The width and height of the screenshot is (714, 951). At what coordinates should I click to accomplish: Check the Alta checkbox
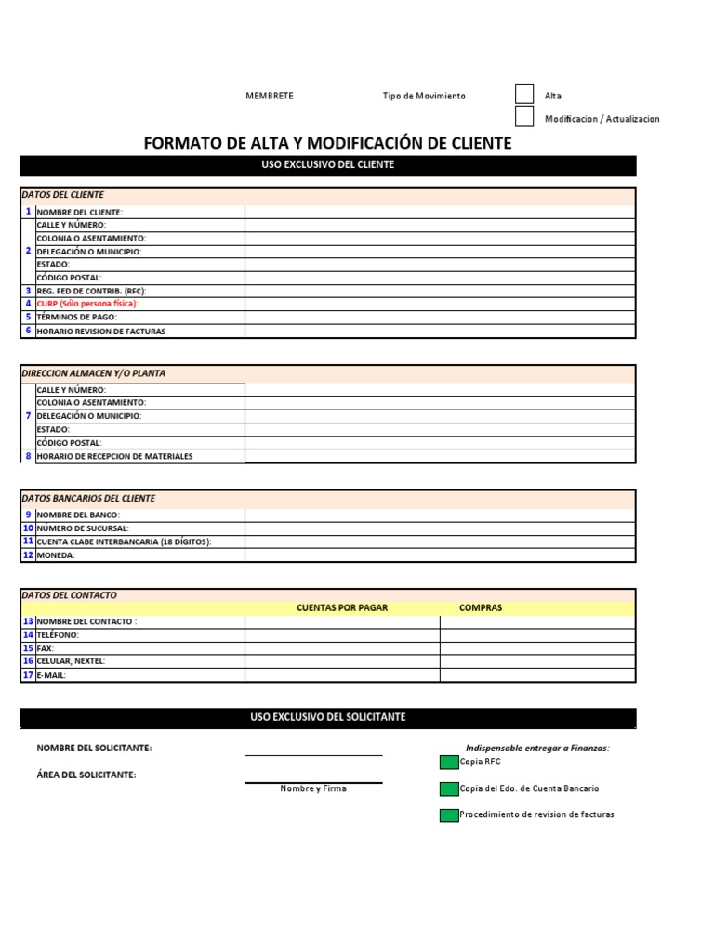524,94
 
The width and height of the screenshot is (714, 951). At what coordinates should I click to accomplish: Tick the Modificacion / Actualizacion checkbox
524,117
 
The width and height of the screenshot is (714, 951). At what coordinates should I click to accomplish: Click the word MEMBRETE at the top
269,96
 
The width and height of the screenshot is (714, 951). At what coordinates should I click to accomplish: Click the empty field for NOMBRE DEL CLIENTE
440,212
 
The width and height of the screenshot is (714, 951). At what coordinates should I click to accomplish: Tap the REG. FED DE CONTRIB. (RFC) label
91,291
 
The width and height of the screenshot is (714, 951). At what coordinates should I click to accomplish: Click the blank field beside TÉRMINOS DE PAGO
440,317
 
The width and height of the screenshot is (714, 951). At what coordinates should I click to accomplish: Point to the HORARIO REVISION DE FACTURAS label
101,331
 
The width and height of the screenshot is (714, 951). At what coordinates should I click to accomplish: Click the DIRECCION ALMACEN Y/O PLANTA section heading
93,373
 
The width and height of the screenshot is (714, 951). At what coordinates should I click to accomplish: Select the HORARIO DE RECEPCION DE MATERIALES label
114,456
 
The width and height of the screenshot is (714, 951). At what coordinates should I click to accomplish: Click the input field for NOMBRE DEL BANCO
440,515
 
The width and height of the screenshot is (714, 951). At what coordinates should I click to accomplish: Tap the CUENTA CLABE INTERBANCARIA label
124,541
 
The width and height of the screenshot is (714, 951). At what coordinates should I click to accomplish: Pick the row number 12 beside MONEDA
28,554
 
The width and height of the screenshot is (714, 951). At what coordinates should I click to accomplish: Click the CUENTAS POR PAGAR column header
342,608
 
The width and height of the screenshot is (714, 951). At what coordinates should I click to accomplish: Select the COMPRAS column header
481,608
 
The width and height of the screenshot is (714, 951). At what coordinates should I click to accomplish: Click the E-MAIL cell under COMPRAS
537,675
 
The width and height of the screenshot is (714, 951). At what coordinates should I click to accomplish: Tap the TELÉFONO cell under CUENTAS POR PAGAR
342,635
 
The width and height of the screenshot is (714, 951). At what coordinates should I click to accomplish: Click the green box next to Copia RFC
449,762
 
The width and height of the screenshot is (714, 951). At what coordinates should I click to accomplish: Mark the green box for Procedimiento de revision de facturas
449,815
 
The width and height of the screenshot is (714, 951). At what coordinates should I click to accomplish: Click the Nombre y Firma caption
313,789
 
